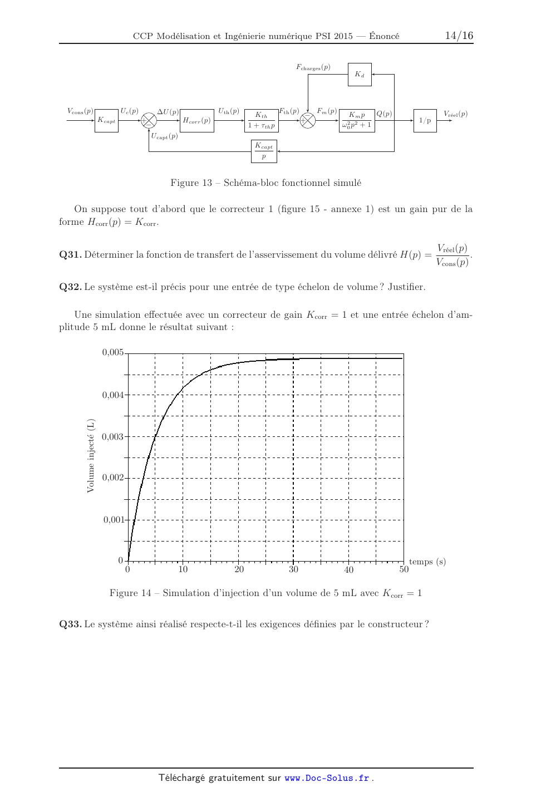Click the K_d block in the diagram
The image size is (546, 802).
tap(360, 75)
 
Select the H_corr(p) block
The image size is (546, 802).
tap(197, 120)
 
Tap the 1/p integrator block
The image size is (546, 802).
tap(425, 120)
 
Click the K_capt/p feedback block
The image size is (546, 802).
tap(264, 151)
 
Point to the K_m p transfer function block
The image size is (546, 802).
tap(356, 120)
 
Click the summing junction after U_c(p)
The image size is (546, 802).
tap(149, 120)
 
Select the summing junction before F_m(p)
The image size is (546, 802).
tap(308, 120)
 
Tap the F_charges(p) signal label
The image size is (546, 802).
tap(313, 67)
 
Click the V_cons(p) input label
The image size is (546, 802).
tap(81, 111)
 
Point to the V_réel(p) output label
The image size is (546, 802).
tap(455, 114)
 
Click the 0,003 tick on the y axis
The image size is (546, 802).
tap(113, 436)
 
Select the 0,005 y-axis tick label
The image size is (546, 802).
tap(113, 352)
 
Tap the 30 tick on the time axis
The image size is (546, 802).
tap(293, 569)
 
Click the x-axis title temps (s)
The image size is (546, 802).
tap(427, 562)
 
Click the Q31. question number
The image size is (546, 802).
tap(71, 255)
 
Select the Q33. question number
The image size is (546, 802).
tap(71, 624)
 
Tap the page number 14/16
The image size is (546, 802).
tap(459, 36)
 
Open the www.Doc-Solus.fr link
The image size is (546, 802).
tap(327, 778)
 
